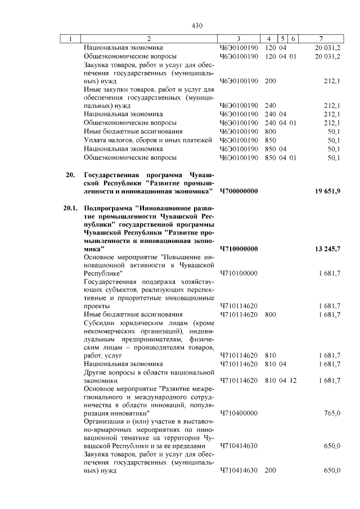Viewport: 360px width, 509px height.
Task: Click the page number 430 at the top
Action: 196,26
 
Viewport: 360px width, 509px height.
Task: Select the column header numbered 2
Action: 148,39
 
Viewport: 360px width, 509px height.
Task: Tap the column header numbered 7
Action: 320,39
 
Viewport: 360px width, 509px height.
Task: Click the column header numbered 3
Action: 238,39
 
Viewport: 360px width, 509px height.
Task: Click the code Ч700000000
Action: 238,192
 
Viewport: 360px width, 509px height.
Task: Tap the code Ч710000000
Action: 238,249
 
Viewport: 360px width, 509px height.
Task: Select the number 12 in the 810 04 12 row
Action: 292,381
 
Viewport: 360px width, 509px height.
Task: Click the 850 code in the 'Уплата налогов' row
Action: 269,140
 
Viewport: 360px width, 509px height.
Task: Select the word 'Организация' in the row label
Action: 103,421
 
